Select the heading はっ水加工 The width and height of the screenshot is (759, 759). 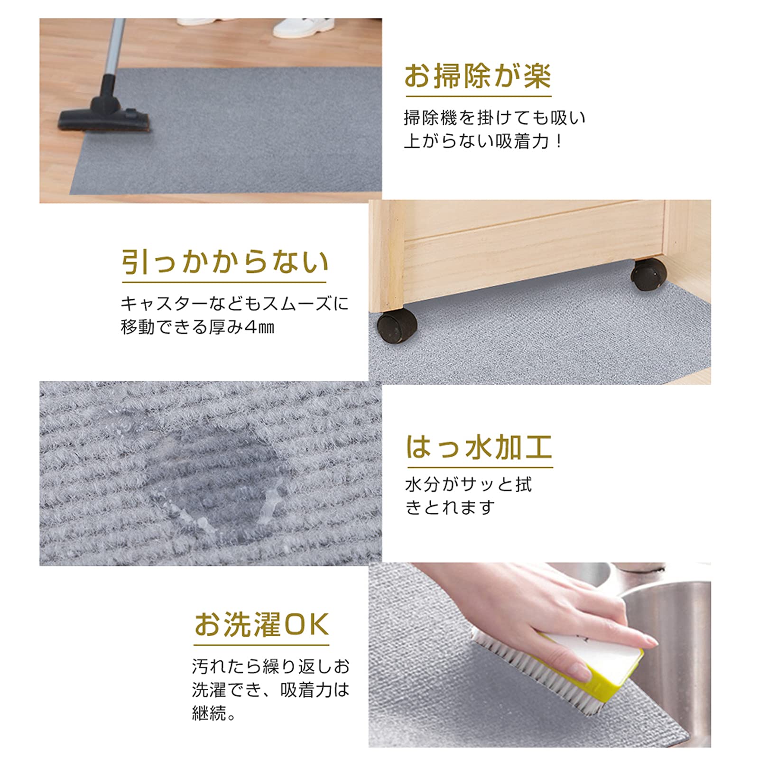click(479, 447)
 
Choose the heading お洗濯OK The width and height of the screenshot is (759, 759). click(261, 624)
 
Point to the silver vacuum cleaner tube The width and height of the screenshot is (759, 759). click(115, 47)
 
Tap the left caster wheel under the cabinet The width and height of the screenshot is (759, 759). click(397, 326)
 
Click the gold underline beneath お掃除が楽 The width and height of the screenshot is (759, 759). click(478, 96)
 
